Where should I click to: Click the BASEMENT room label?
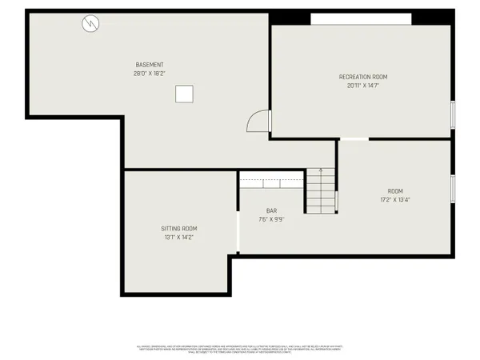tap(150, 65)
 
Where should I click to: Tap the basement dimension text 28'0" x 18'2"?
tap(150, 74)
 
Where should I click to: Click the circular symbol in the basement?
tap(90, 25)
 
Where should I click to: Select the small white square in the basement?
tap(185, 94)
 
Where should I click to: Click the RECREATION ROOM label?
tap(362, 77)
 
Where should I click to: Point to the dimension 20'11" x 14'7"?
tap(362, 86)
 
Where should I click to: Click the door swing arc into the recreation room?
tap(258, 121)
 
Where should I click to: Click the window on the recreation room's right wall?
tap(452, 113)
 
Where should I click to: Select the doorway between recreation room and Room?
tap(356, 139)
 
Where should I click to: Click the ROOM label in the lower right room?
tap(395, 191)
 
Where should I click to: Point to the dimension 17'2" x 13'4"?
tap(395, 200)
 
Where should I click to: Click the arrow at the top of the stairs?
tap(321, 170)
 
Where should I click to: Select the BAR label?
tap(271, 210)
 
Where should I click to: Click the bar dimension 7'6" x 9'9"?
tap(271, 219)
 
